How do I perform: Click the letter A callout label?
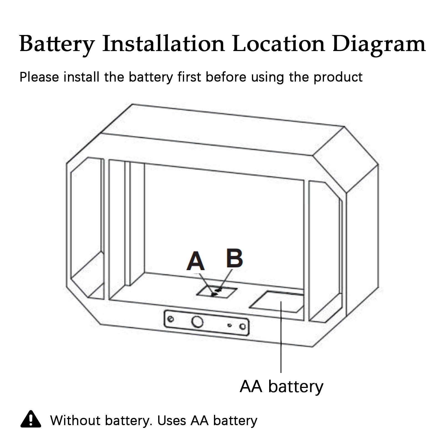pyautogui.click(x=196, y=261)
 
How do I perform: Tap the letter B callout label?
pyautogui.click(x=234, y=259)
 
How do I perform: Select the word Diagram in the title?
pyautogui.click(x=379, y=44)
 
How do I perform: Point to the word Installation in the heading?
pyautogui.click(x=163, y=44)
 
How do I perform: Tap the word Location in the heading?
pyautogui.click(x=279, y=44)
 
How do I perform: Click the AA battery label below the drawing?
pyautogui.click(x=281, y=386)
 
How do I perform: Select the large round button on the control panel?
pyautogui.click(x=197, y=322)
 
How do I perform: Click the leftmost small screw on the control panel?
pyautogui.click(x=171, y=319)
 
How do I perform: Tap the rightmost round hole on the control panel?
pyautogui.click(x=243, y=326)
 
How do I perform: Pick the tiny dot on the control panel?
pyautogui.click(x=229, y=325)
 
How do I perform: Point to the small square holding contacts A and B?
pyautogui.click(x=216, y=292)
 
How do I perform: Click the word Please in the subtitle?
pyautogui.click(x=39, y=77)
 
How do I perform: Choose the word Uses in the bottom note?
pyautogui.click(x=171, y=420)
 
